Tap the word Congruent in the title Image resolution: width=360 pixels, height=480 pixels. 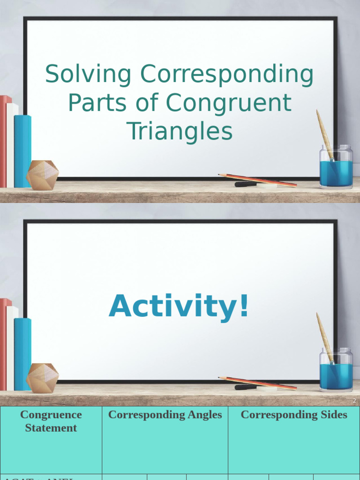tap(228, 103)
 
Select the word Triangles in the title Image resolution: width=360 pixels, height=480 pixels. tap(180, 131)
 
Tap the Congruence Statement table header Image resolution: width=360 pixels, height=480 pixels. tap(51, 421)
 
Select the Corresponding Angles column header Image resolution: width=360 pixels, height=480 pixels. tap(165, 415)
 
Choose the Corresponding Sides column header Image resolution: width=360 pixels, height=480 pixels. tap(294, 415)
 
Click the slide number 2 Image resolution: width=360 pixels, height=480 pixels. tap(354, 401)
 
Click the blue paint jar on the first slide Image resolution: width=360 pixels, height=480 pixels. tap(336, 171)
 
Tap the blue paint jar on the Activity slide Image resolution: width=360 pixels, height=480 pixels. tap(336, 374)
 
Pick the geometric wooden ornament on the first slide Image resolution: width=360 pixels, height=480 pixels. tap(42, 175)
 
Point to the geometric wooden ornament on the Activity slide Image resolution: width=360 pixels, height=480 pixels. tap(42, 378)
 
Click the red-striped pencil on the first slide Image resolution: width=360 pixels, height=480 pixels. tap(258, 180)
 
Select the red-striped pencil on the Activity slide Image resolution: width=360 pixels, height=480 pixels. tap(258, 382)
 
